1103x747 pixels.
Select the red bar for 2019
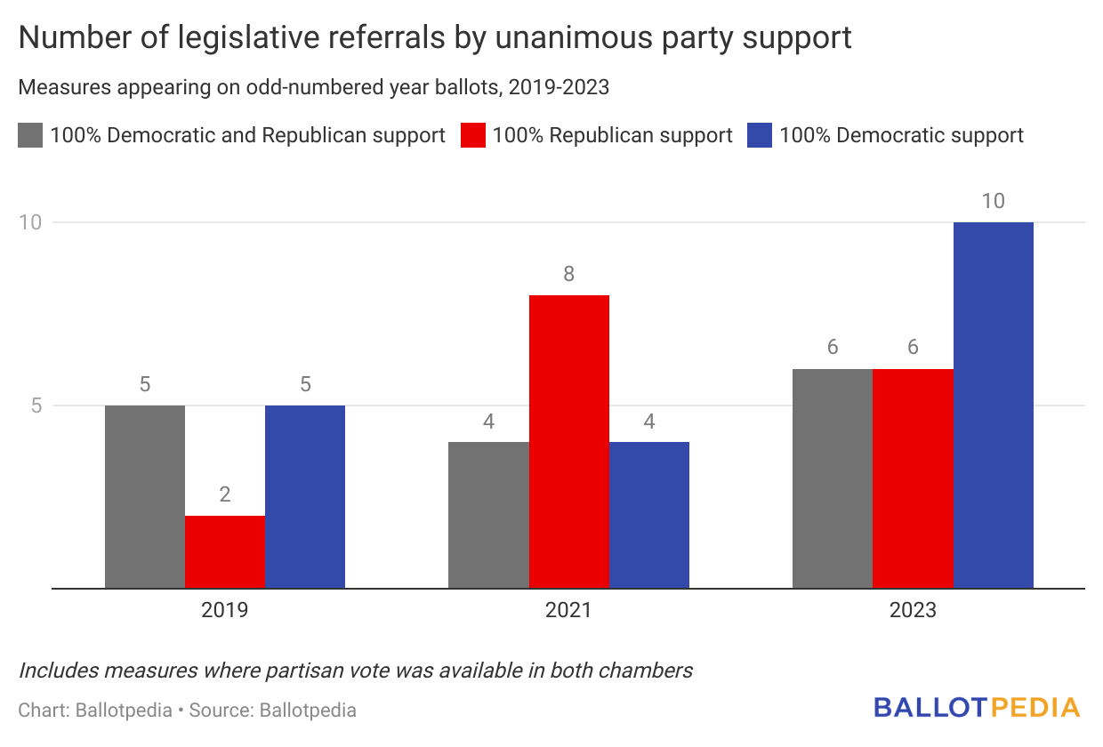coord(225,551)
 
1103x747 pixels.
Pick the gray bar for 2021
coord(488,515)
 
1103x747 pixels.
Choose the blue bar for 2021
coord(649,515)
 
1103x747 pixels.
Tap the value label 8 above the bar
coord(569,274)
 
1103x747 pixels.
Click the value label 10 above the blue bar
coord(993,201)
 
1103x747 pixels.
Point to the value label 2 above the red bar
coord(225,494)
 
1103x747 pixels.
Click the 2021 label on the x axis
coord(569,611)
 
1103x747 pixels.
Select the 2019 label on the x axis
coord(225,611)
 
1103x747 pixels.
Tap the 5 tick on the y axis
coord(35,406)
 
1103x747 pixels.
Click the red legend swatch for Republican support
coord(472,135)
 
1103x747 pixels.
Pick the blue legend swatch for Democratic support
coord(760,135)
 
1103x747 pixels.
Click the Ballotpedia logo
coord(977,708)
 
